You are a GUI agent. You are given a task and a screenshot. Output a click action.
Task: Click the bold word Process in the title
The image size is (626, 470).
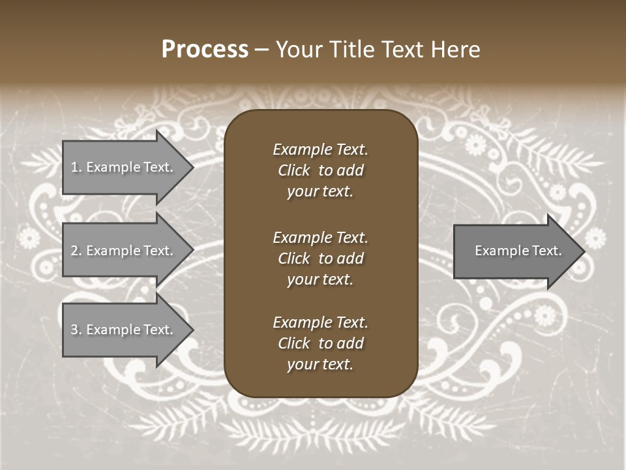click(x=205, y=50)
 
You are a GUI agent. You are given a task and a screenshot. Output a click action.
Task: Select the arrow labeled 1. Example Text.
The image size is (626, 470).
click(x=124, y=167)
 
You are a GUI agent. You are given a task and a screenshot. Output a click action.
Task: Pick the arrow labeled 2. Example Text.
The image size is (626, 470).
click(x=124, y=251)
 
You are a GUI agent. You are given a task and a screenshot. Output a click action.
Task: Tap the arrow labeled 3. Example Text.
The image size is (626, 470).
click(x=124, y=330)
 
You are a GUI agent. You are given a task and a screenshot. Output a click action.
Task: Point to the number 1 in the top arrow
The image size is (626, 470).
click(x=74, y=167)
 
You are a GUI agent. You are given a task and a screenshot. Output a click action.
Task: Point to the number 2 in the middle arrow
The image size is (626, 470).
click(x=74, y=251)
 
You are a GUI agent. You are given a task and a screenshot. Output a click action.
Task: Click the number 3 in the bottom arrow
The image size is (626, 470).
click(x=74, y=330)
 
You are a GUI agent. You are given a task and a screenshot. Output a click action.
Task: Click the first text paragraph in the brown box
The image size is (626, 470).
click(x=320, y=170)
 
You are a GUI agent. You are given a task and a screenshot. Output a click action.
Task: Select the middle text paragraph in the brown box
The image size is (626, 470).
click(x=320, y=258)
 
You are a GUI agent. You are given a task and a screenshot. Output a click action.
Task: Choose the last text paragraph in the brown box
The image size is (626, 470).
click(x=320, y=343)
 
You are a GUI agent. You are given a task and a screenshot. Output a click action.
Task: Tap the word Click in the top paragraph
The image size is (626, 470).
click(x=293, y=170)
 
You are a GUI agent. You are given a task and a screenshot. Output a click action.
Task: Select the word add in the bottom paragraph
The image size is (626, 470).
click(x=351, y=343)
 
